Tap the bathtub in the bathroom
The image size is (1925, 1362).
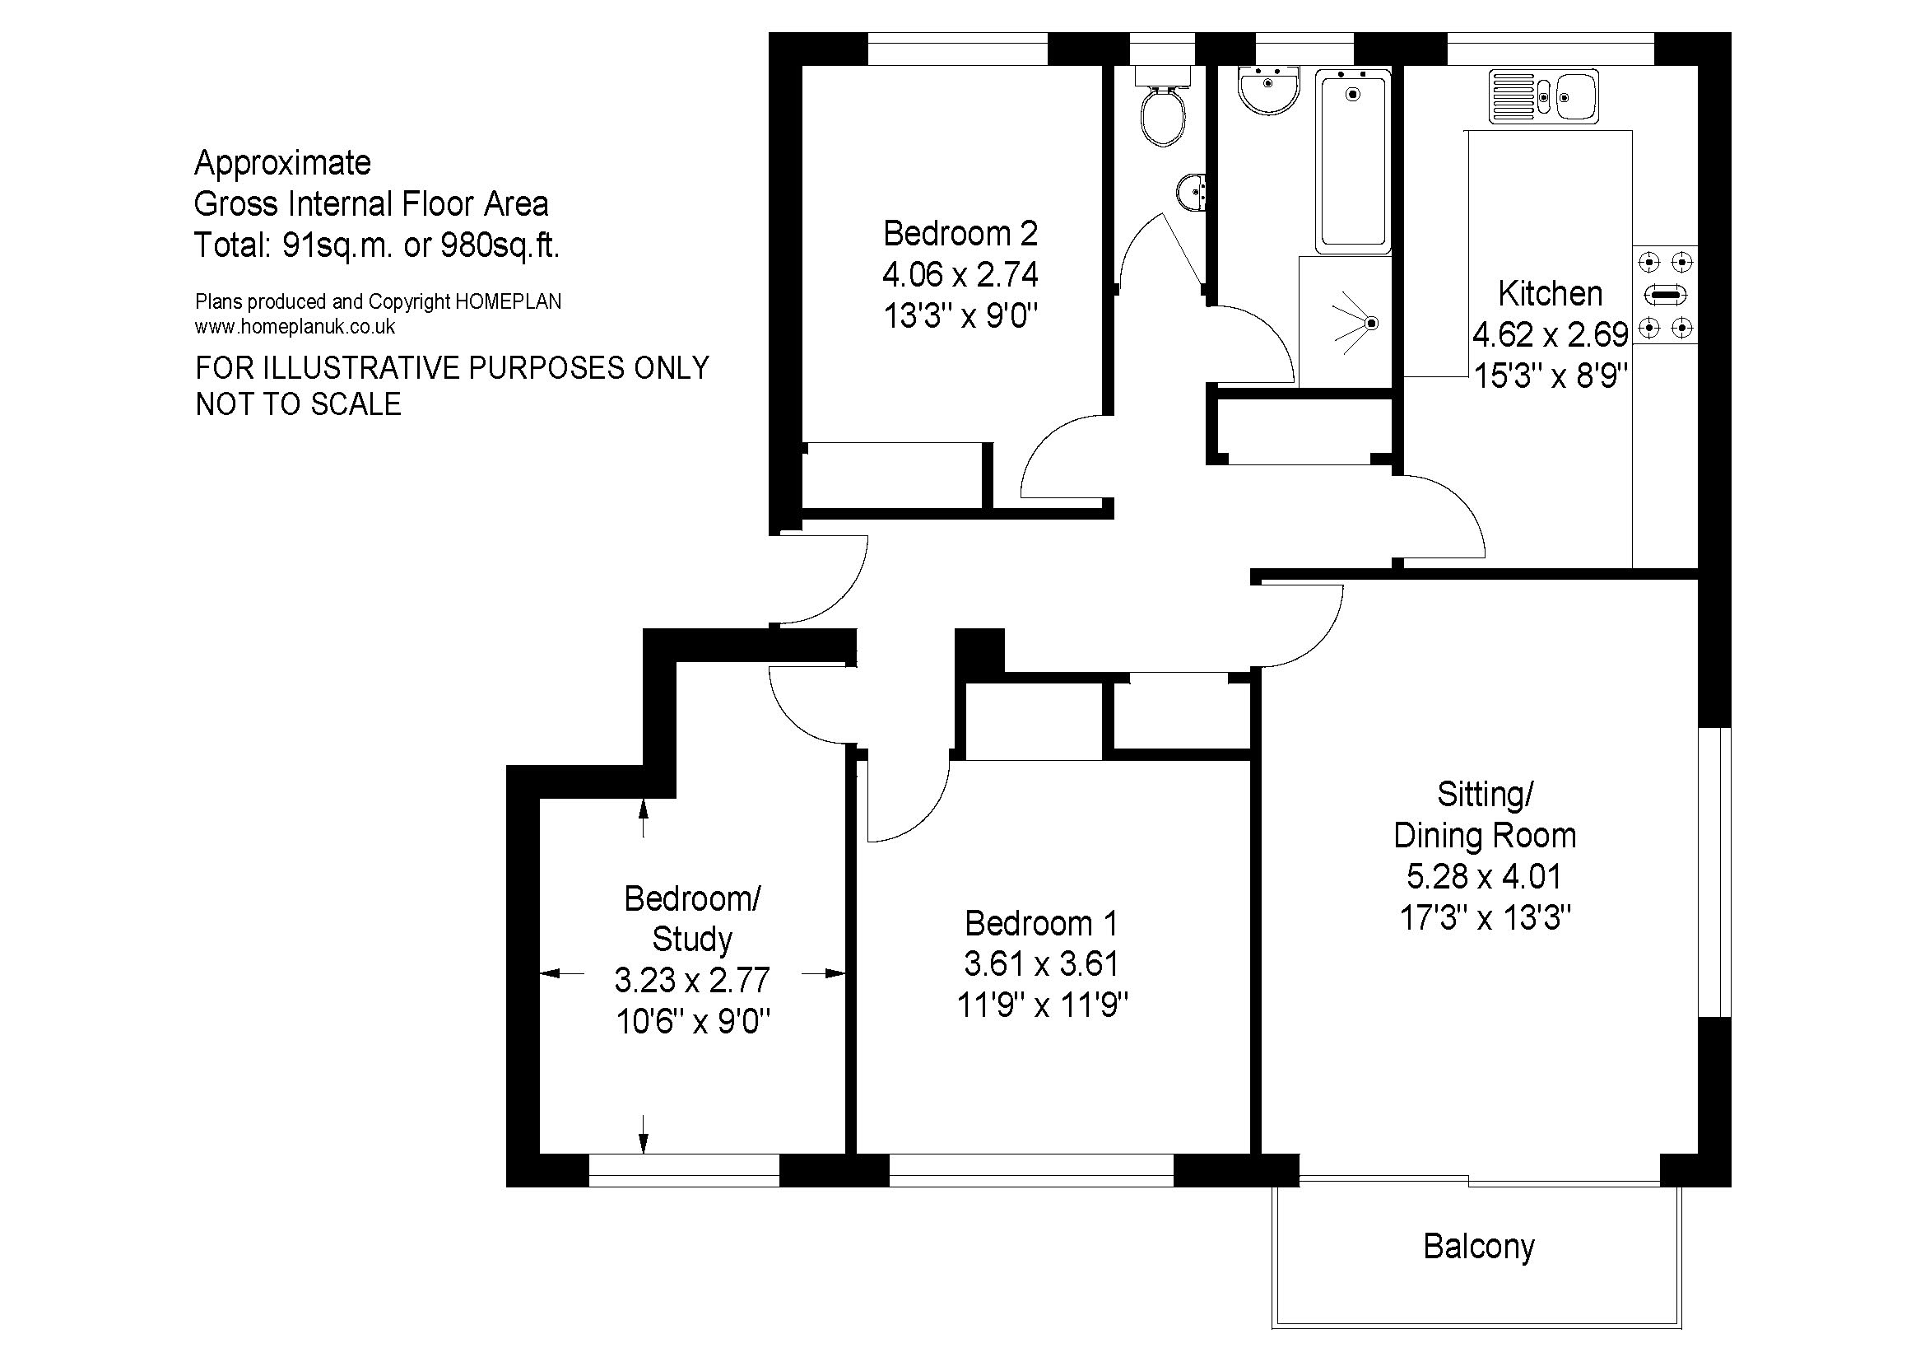[1352, 161]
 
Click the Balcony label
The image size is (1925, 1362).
[1479, 1247]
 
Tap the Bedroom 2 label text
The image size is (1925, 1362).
[960, 233]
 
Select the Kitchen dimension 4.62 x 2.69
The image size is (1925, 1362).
[1551, 334]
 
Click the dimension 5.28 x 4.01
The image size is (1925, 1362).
[1484, 876]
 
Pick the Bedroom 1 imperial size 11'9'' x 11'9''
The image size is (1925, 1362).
[1042, 1005]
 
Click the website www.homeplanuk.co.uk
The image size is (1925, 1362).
[295, 327]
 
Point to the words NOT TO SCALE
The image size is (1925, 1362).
[299, 404]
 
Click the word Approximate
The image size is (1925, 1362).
[282, 163]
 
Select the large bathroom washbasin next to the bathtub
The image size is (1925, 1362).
[1268, 91]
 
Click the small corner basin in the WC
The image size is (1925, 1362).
[1193, 193]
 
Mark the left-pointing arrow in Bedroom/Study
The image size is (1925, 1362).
[562, 973]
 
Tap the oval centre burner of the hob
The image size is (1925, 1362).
[1665, 296]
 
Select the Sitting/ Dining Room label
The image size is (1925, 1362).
[1485, 814]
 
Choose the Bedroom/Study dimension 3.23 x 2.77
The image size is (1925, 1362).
[691, 980]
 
